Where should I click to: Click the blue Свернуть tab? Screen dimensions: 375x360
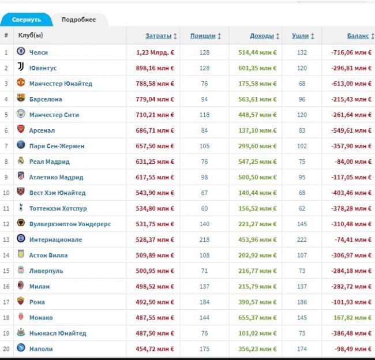27,20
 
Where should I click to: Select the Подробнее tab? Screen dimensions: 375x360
78,20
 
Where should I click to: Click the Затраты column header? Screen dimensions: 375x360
158,36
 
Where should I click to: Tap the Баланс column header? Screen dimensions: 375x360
358,36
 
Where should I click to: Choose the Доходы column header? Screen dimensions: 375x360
262,36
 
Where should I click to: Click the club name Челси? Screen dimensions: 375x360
39,52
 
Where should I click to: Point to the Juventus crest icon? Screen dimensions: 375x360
21,66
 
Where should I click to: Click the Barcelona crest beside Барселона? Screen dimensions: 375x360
21,97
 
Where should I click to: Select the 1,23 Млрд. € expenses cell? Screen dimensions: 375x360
155,52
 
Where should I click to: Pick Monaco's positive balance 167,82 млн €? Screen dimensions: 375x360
352,318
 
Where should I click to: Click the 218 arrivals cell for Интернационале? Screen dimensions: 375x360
204,239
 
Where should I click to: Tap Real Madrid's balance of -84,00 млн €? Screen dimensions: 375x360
353,162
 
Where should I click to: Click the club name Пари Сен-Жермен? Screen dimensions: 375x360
57,146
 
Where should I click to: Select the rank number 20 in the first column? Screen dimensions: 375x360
6,349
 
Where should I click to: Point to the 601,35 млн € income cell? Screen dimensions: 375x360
257,68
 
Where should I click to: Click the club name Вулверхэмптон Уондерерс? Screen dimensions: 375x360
70,224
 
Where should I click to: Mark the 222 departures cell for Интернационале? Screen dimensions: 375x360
302,239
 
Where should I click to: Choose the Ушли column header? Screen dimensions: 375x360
301,36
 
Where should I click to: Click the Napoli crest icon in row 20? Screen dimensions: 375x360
21,347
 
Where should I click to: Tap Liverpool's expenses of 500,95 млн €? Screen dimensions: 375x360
155,271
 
